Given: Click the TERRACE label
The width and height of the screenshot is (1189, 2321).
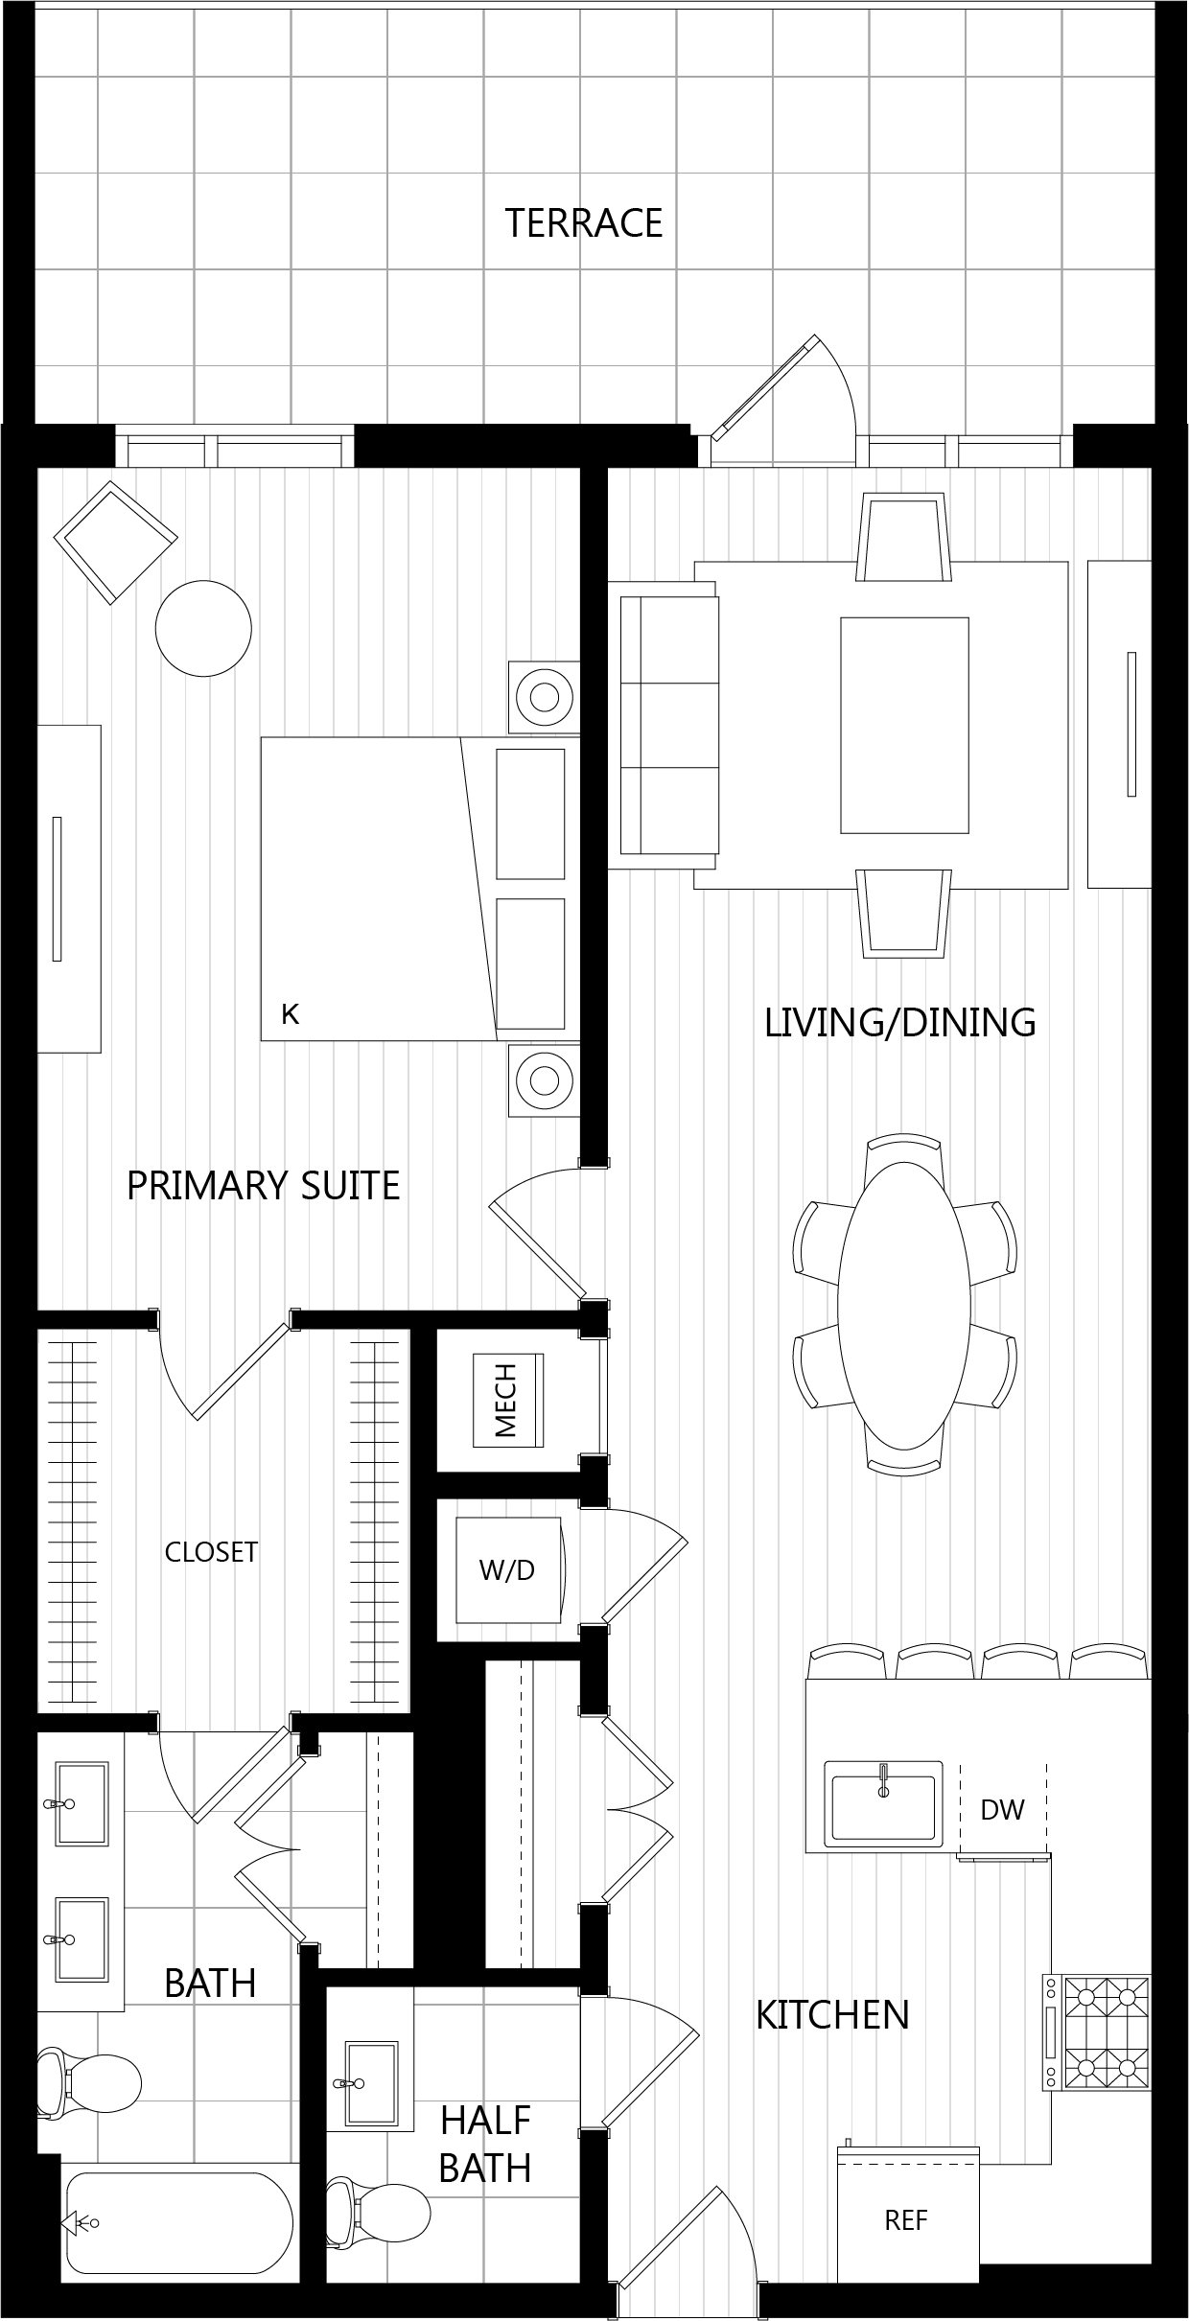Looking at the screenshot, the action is [584, 222].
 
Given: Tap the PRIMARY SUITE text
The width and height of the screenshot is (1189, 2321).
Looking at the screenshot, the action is [264, 1186].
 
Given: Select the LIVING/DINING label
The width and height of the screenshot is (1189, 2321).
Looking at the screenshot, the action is [900, 1023].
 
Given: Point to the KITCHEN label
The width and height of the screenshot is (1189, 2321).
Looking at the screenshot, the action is [832, 2014].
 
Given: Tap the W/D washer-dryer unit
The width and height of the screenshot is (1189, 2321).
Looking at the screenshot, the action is [508, 1569].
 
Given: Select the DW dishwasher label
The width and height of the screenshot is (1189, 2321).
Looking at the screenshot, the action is [1003, 1810].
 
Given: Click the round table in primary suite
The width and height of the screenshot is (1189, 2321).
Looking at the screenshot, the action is [203, 629].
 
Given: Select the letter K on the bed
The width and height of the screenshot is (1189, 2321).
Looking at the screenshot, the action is [291, 1013].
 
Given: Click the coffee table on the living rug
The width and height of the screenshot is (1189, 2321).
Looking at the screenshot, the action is [904, 725].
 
